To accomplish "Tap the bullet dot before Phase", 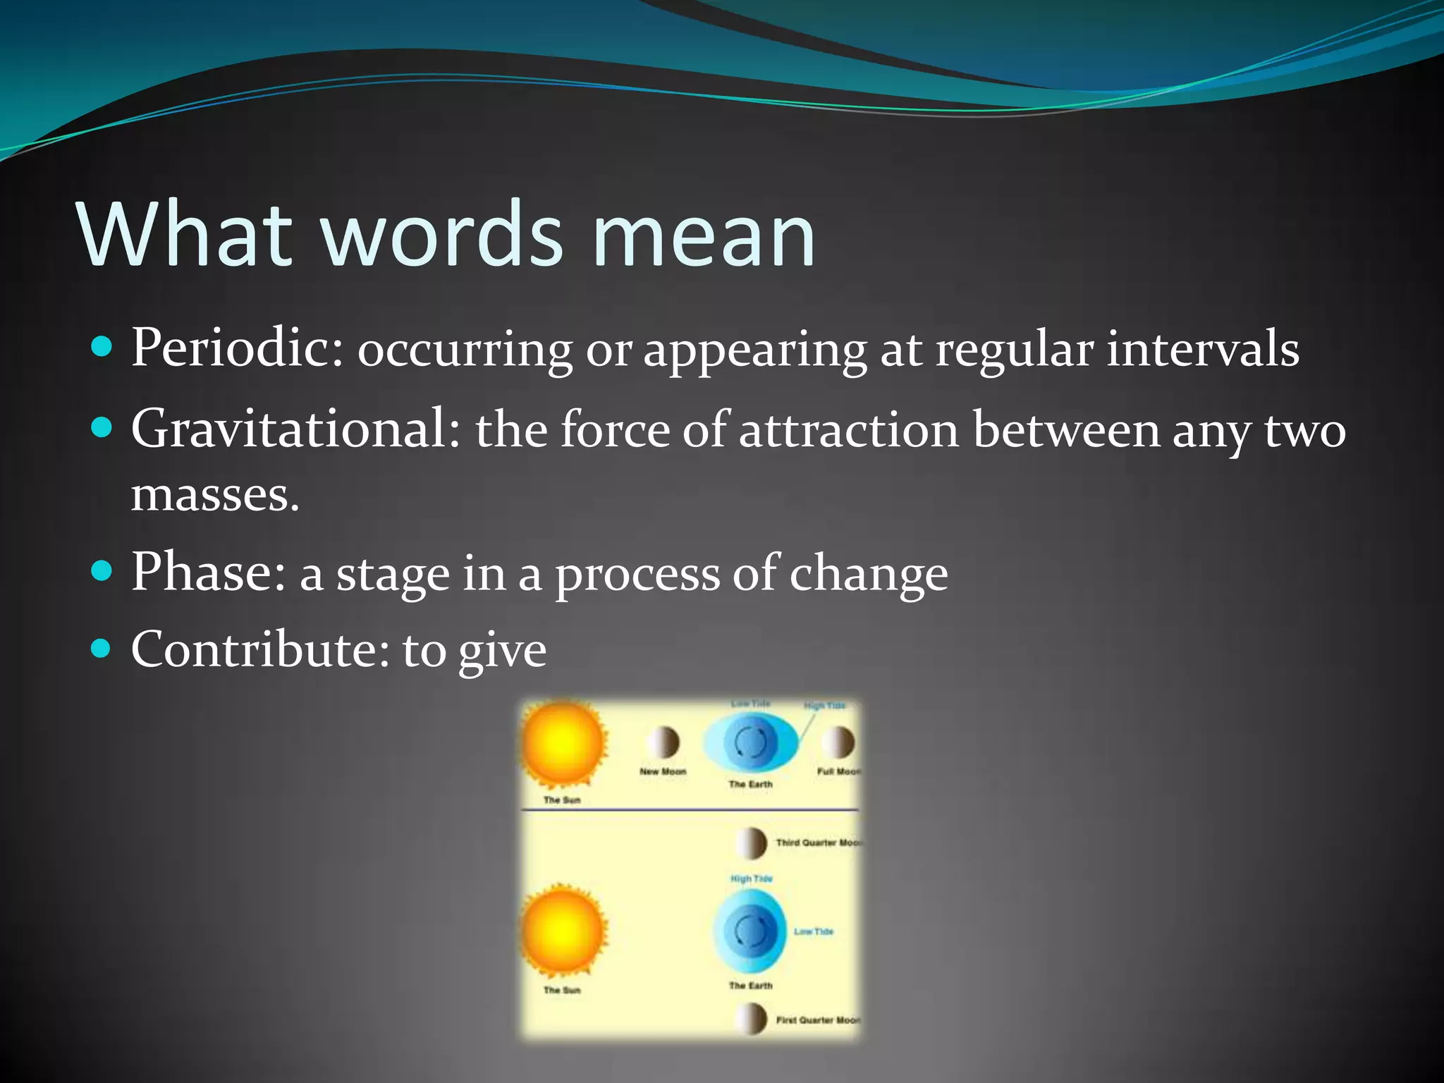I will click(x=102, y=570).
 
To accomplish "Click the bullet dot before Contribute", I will click(x=102, y=647).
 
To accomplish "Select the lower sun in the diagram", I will click(x=562, y=931).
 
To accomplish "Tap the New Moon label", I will click(x=662, y=771).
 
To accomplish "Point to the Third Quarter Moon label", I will click(x=816, y=843).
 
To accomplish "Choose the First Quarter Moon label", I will click(x=816, y=1020).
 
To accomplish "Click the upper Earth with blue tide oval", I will click(x=750, y=742).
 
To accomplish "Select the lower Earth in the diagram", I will click(x=750, y=931).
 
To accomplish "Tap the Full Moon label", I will click(x=838, y=771).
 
